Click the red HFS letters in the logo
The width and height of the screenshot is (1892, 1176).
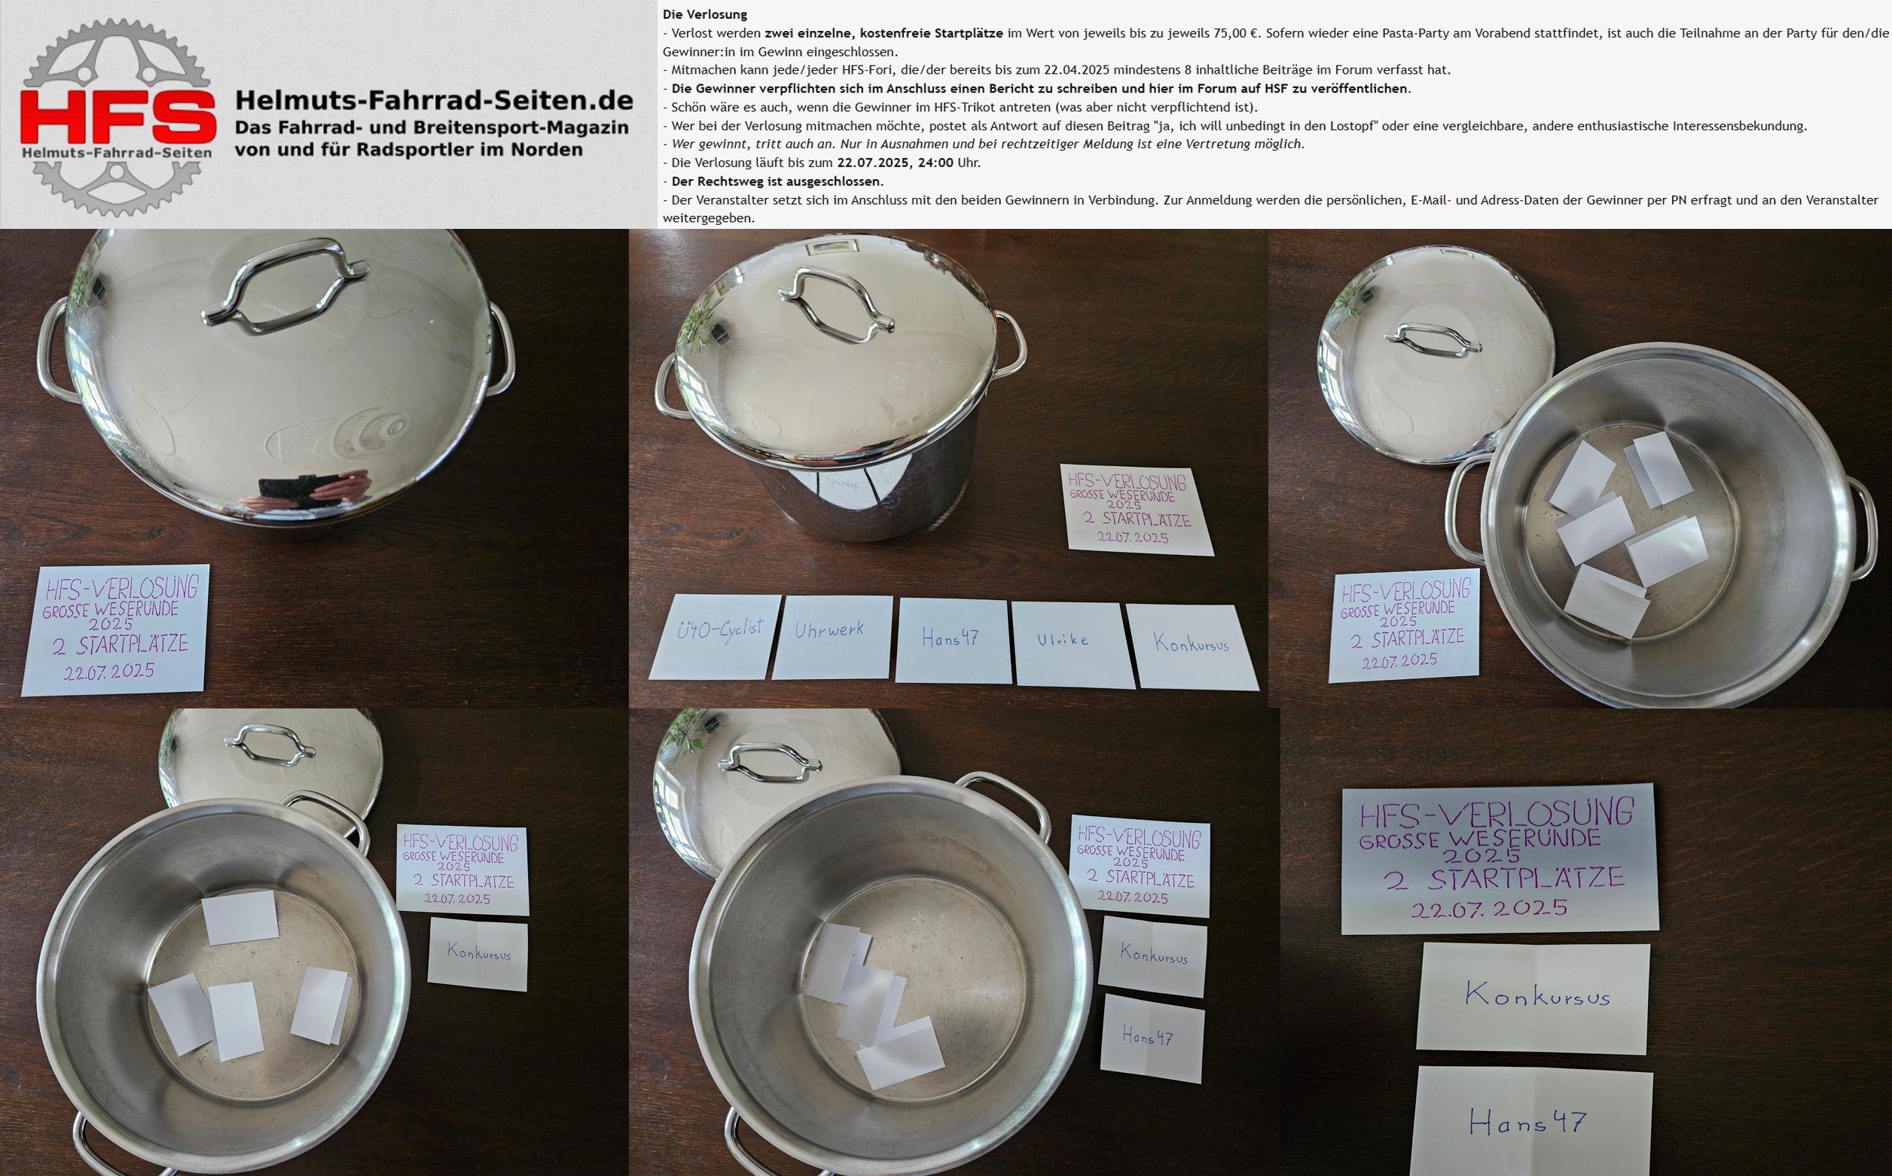[x=117, y=117]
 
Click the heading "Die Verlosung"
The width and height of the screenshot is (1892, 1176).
[x=705, y=14]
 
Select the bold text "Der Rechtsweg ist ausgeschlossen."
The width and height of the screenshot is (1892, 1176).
[x=777, y=181]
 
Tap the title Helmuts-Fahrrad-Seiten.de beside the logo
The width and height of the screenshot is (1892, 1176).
[x=434, y=99]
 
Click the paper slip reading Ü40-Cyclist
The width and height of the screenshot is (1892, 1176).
[x=716, y=637]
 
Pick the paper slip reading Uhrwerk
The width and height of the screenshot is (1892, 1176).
[x=832, y=637]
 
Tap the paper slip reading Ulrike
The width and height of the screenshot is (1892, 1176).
[x=1073, y=644]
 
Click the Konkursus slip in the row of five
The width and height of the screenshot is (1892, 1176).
[x=1192, y=647]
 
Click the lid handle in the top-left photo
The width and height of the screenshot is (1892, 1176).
[x=284, y=284]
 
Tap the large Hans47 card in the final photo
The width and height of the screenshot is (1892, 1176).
[x=1531, y=1122]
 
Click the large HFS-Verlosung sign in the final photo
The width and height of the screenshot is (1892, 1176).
[x=1499, y=860]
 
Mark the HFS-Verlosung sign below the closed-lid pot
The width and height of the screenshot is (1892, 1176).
[x=116, y=630]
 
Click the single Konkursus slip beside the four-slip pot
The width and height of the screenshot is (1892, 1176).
[x=478, y=954]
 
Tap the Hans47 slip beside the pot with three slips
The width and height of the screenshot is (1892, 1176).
[x=1152, y=1038]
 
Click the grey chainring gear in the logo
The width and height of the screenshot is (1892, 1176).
[x=117, y=117]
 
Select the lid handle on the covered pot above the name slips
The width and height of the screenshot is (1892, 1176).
[x=836, y=304]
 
